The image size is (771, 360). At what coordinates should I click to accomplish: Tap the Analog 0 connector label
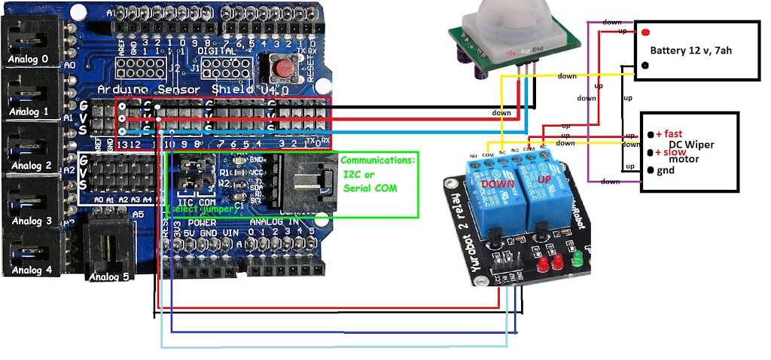(28, 59)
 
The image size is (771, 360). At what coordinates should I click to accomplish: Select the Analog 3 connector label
(28, 221)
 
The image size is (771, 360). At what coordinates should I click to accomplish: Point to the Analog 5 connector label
(108, 276)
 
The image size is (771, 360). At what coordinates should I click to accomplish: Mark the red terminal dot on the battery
(645, 32)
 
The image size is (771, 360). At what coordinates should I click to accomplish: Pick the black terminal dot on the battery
(645, 66)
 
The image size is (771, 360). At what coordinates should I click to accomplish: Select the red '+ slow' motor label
(669, 152)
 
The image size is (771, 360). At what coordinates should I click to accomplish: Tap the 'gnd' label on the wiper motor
(666, 171)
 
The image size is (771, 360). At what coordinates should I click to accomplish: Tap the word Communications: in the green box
(377, 160)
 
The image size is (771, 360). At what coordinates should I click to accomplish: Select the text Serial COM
(370, 188)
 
